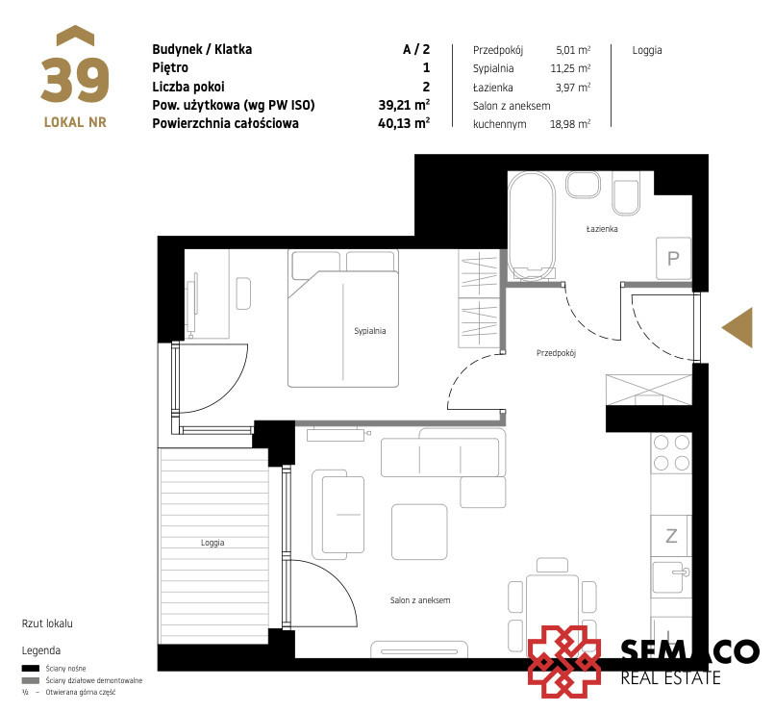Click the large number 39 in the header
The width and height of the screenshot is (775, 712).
pos(75,80)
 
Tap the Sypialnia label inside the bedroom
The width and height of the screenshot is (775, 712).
pos(369,331)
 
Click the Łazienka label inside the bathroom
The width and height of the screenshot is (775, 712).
pos(602,228)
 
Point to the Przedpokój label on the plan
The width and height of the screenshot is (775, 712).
pos(556,352)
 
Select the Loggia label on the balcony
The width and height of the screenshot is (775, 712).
pos(212,543)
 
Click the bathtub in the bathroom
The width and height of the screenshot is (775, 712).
pos(532,225)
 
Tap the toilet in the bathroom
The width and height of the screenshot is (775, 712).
pos(626,193)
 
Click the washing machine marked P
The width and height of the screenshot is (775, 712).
pos(673,258)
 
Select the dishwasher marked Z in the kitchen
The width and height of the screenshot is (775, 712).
pos(671,536)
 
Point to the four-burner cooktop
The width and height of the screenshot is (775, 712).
pos(671,452)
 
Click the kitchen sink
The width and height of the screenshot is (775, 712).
pos(670,576)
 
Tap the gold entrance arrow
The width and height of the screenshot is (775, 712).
pos(737,327)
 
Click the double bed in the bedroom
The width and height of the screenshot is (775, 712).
pos(343,318)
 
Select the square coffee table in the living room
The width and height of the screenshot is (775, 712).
pos(419,531)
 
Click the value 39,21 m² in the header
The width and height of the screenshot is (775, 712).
pos(404,105)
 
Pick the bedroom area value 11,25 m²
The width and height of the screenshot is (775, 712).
pos(570,68)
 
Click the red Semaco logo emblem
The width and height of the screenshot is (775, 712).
pos(564,662)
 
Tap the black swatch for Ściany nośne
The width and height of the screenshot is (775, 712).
pos(30,669)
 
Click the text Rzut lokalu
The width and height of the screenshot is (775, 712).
pos(47,623)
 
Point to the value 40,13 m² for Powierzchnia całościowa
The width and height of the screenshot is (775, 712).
pos(404,123)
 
